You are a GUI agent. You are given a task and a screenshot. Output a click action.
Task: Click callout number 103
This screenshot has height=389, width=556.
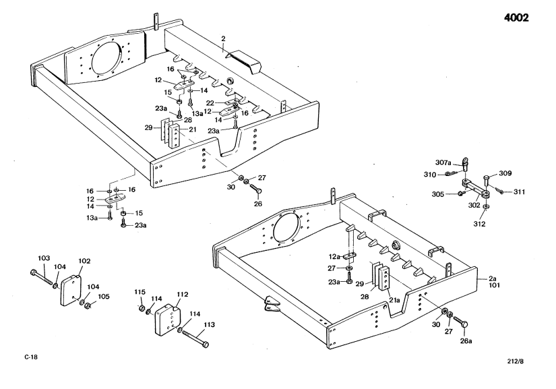pos(44,258)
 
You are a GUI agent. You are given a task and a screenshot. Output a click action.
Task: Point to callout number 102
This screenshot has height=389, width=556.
pos(84,260)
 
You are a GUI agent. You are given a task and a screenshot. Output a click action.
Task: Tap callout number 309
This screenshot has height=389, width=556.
pos(505,173)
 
